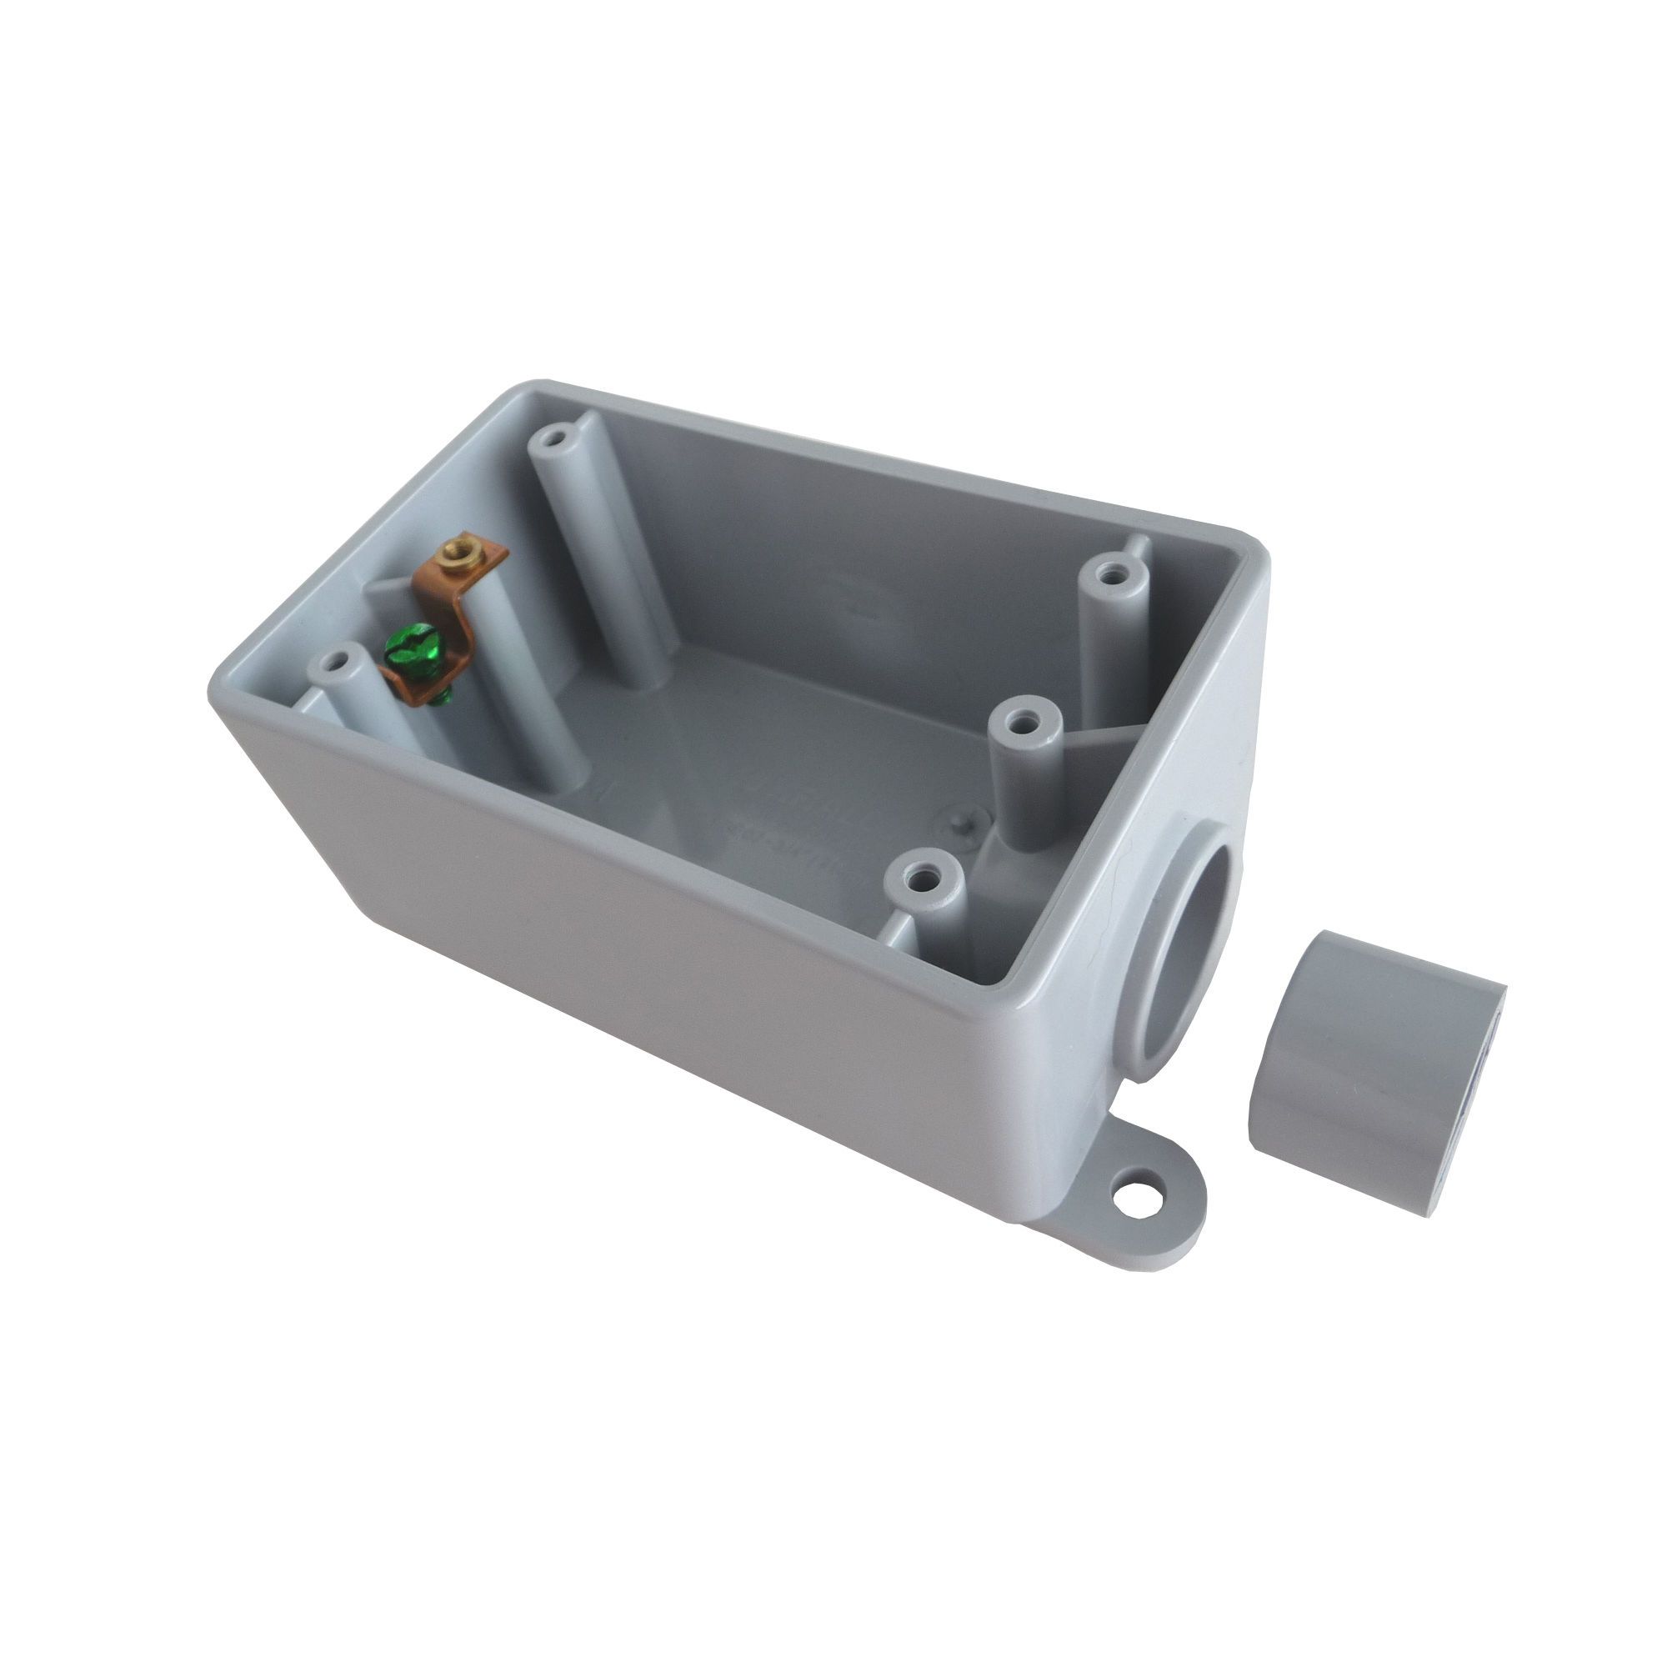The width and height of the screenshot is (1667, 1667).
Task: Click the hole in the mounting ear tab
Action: pyautogui.click(x=1129, y=1196)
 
